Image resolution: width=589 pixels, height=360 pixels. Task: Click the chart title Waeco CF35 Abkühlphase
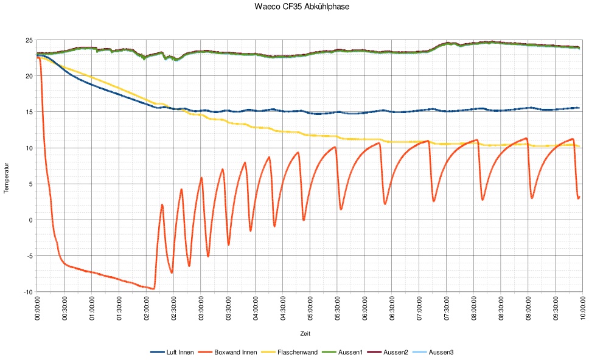tap(294, 7)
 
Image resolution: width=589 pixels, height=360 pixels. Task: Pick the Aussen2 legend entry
tap(396, 352)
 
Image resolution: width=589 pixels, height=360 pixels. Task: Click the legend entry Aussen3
tap(441, 352)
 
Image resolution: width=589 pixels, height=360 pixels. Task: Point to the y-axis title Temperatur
tap(7, 176)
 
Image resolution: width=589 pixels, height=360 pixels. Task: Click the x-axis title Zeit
tap(305, 333)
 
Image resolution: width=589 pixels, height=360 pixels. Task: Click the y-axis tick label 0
tap(30, 220)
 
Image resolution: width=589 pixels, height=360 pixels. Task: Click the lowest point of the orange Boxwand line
tap(154, 288)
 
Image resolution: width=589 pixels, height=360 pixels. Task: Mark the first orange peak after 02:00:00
tap(162, 205)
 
